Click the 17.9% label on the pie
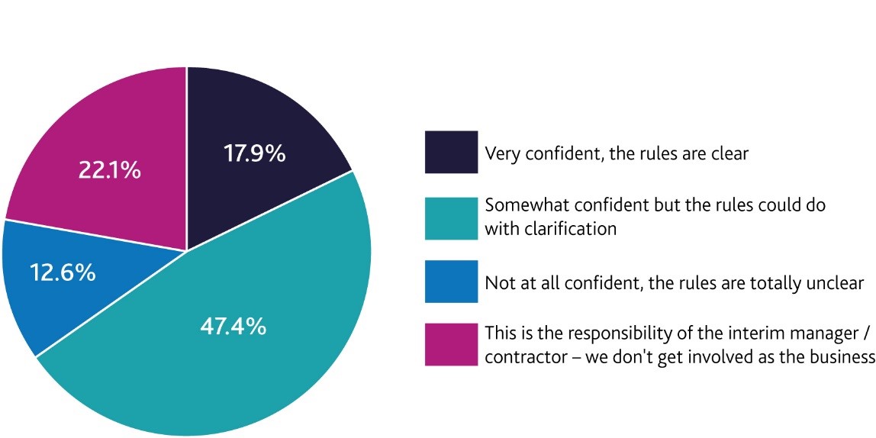pyautogui.click(x=254, y=153)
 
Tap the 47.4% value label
pyautogui.click(x=233, y=327)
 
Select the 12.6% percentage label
pyautogui.click(x=63, y=272)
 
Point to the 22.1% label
pyautogui.click(x=109, y=170)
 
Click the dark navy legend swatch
pyautogui.click(x=451, y=152)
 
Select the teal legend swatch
pyautogui.click(x=451, y=217)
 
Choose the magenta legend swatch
pyautogui.click(x=451, y=345)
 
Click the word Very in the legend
pyautogui.click(x=501, y=153)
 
